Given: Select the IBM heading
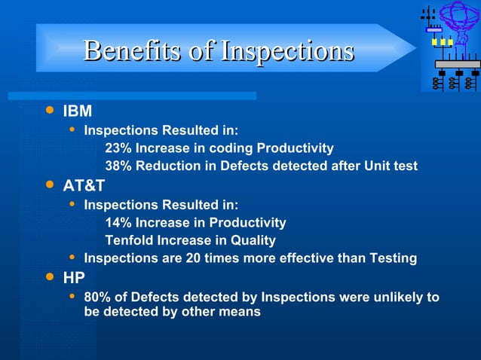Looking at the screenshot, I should [x=77, y=111].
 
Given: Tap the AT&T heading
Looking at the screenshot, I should [x=83, y=186].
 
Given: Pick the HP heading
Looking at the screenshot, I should [x=74, y=278].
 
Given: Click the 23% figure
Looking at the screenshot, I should [x=118, y=148].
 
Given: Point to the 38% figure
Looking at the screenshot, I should [x=118, y=166].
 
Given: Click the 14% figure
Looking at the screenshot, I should [x=118, y=223].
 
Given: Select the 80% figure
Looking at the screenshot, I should [x=97, y=297].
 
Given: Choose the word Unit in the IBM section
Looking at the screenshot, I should [x=376, y=166].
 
